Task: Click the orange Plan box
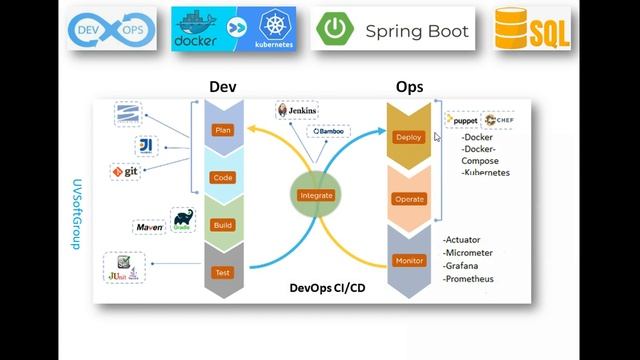point(223,130)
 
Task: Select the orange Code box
point(223,178)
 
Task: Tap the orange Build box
point(223,225)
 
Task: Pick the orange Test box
point(223,272)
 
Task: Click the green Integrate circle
point(316,195)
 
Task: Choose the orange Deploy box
point(409,137)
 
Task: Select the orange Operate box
point(409,199)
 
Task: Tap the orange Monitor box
point(409,261)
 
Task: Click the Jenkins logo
point(297,110)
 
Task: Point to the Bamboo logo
point(329,131)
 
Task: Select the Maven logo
point(150,227)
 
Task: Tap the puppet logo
point(463,120)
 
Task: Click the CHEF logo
point(499,120)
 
